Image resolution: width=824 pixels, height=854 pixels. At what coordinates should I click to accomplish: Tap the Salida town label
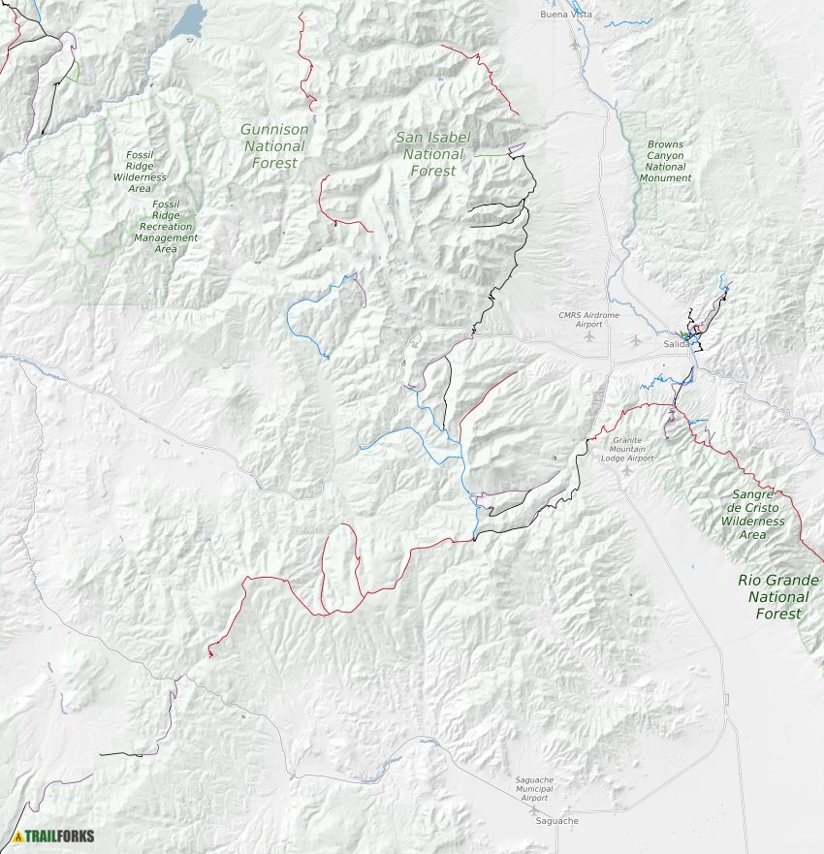click(x=678, y=344)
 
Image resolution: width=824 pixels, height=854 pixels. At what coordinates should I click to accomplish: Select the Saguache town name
click(x=557, y=821)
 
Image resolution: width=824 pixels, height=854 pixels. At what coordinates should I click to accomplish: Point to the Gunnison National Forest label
click(x=274, y=146)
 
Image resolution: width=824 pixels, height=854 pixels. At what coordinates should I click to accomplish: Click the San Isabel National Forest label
click(x=431, y=153)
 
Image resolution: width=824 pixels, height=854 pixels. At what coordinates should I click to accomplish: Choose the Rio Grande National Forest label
click(x=778, y=596)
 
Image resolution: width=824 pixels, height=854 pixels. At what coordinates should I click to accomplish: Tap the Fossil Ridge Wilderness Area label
click(x=140, y=172)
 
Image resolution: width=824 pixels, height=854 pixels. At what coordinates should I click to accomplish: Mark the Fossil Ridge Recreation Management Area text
click(x=166, y=227)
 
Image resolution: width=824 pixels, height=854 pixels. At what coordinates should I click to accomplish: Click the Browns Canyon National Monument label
click(x=665, y=161)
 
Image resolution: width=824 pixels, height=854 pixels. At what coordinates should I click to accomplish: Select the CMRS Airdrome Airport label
click(x=588, y=319)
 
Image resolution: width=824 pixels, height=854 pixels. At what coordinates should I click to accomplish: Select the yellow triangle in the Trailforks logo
click(x=17, y=836)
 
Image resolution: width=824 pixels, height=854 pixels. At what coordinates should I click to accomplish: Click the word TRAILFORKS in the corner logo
click(x=59, y=836)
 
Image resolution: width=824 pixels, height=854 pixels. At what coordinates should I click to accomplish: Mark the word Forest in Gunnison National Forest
click(x=274, y=163)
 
